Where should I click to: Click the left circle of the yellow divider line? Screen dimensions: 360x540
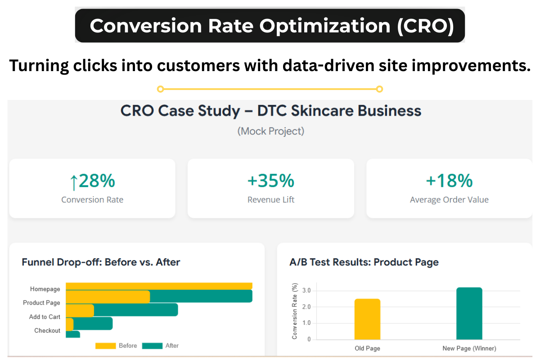pos(160,89)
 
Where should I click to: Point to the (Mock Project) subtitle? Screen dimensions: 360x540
pos(271,131)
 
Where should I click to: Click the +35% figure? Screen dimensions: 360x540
pos(271,181)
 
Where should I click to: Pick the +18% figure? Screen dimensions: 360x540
pos(449,181)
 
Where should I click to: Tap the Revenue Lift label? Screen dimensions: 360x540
pos(271,200)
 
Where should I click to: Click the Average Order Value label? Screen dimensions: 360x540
pos(449,200)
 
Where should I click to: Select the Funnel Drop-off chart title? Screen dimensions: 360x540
pos(101,262)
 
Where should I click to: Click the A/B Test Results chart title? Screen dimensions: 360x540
pos(364,262)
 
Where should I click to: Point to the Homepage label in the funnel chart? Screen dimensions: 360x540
pos(45,289)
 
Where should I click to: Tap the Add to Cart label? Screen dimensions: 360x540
pos(45,317)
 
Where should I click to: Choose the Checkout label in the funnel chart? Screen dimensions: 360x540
pos(47,330)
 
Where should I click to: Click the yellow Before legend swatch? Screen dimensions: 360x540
pos(105,346)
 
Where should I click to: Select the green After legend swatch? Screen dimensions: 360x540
pos(152,346)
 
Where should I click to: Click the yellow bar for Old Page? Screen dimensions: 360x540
pos(367,319)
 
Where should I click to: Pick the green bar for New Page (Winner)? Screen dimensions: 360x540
pos(469,314)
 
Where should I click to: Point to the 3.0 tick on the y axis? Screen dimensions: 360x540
pos(306,291)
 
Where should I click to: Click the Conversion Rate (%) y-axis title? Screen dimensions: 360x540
pos(295,311)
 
